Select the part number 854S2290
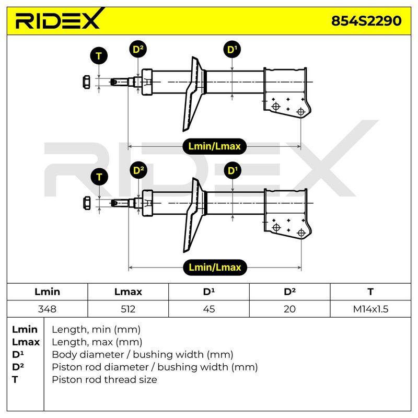(366, 21)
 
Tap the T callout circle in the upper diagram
(99, 56)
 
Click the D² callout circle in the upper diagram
(138, 49)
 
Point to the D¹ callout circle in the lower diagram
(233, 170)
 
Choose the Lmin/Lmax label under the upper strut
(214, 146)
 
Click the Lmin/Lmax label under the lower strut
(215, 267)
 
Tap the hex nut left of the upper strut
(86, 82)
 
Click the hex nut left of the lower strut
(87, 203)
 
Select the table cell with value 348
(47, 309)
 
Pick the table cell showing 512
(128, 309)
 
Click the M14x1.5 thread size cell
(370, 309)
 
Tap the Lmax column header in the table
(128, 292)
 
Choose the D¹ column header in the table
(208, 292)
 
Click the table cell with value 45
(208, 309)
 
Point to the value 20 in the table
(289, 309)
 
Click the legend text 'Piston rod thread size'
(104, 380)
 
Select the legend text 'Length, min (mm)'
(96, 330)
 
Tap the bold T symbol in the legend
(15, 379)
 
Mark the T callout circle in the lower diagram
(99, 177)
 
